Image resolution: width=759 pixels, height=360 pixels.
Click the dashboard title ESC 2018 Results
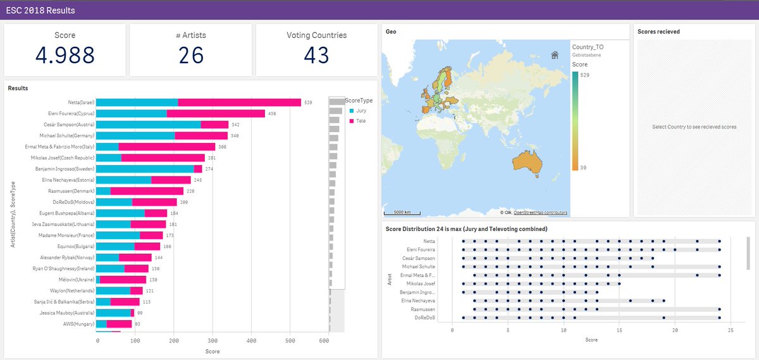click(40, 11)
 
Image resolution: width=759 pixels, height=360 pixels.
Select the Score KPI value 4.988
click(65, 56)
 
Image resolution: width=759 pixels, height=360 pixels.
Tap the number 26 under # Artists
click(190, 56)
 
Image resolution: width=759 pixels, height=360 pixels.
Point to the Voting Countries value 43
click(316, 56)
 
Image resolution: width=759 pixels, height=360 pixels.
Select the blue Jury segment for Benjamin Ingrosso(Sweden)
click(145, 169)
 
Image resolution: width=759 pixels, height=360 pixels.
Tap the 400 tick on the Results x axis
click(251, 340)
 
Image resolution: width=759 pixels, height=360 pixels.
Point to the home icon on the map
click(555, 55)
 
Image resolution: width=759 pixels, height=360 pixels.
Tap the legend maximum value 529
click(586, 75)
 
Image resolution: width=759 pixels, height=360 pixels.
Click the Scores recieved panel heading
click(658, 32)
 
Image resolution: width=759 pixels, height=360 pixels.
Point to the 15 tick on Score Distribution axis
click(619, 330)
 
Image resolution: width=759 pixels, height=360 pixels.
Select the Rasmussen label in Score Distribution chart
click(423, 309)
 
